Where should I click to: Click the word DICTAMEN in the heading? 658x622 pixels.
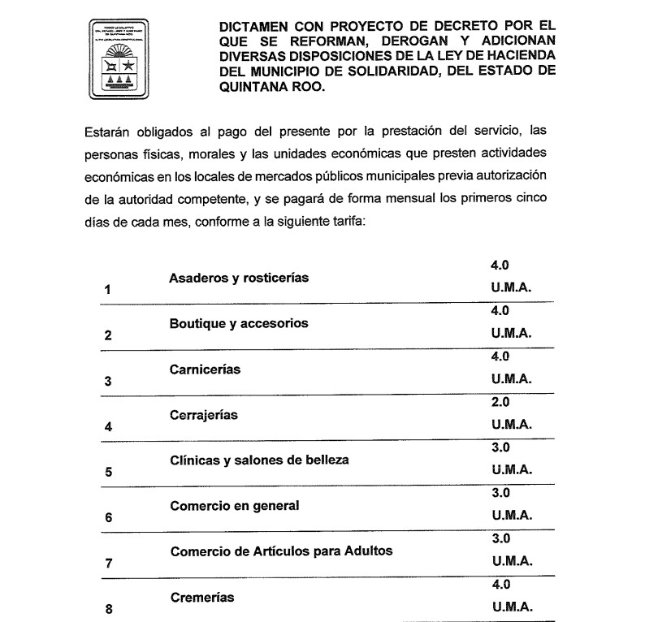[x=256, y=26]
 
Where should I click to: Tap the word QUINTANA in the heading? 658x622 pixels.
[x=255, y=92]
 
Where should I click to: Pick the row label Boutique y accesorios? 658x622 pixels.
[x=239, y=323]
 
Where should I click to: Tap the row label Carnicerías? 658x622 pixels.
[x=205, y=369]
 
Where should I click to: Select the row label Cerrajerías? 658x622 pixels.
[x=204, y=414]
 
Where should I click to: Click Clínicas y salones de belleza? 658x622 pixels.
[x=259, y=460]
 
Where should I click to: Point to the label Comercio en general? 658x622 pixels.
[x=235, y=505]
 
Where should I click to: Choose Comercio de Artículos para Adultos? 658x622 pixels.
[x=281, y=551]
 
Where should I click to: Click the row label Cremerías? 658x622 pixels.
[x=202, y=597]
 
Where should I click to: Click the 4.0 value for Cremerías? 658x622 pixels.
[x=500, y=585]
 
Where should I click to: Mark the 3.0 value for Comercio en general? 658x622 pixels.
[x=500, y=493]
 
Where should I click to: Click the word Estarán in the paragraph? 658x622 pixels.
[x=106, y=131]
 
